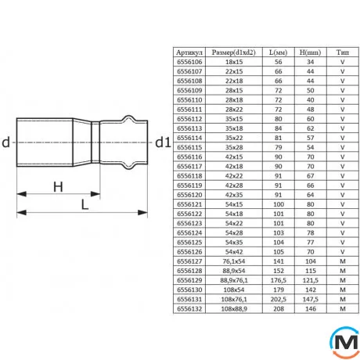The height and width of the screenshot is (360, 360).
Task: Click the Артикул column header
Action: coord(189,52)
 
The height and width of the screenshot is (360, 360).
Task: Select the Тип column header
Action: coord(342,52)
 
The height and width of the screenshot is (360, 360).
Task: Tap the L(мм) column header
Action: coord(278,52)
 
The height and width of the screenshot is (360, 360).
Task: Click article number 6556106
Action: coord(189,62)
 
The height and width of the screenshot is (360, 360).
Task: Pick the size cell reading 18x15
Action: coord(234,62)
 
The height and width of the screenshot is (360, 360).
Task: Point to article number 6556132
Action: coord(189,309)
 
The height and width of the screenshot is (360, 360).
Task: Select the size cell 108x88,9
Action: coord(234,309)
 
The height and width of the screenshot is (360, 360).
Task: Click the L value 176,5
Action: coord(279,280)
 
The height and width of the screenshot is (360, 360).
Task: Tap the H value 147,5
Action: coord(311,299)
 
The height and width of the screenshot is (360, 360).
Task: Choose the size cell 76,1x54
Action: coord(234,261)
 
